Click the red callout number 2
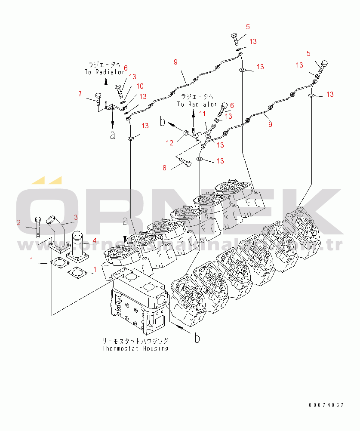click(19, 222)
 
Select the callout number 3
click(75, 217)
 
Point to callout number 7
click(80, 94)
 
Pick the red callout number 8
click(164, 168)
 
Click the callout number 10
click(140, 86)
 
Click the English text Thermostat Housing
click(135, 348)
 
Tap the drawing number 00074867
click(326, 405)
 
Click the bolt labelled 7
click(98, 99)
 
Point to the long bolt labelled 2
click(38, 227)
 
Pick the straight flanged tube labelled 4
click(78, 245)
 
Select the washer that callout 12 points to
click(186, 132)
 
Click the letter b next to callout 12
click(163, 122)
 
